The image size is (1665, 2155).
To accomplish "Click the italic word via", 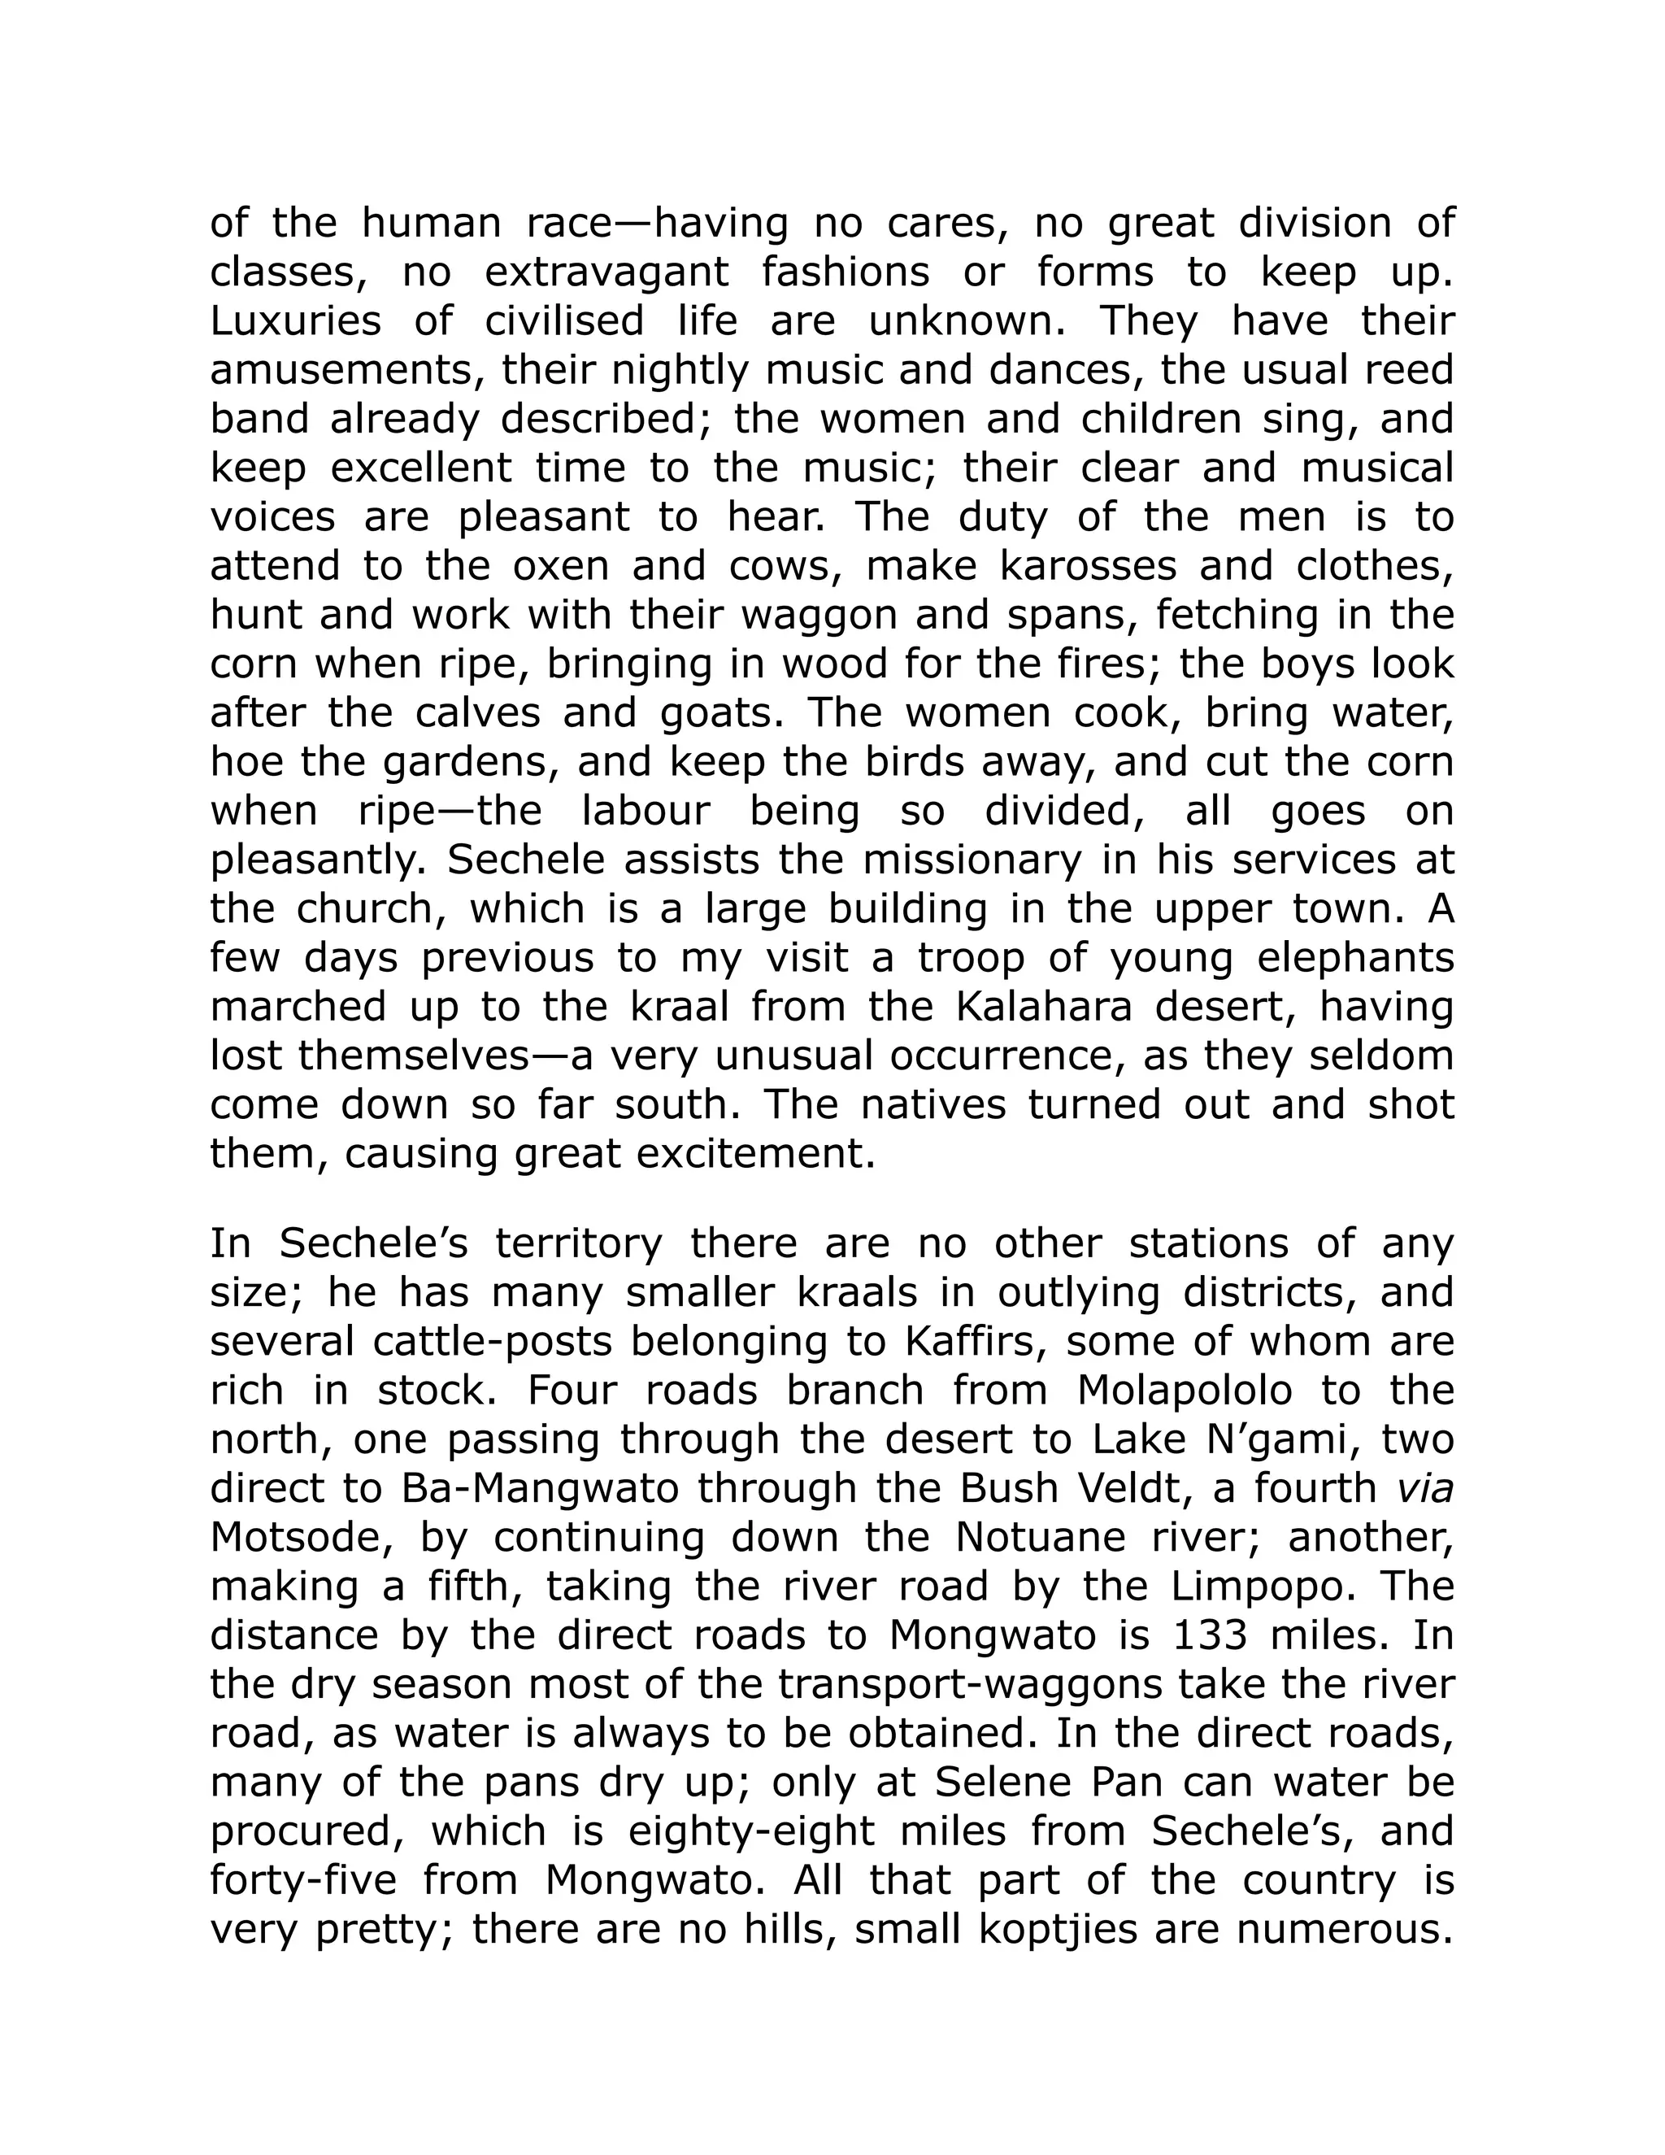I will tap(1426, 1489).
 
